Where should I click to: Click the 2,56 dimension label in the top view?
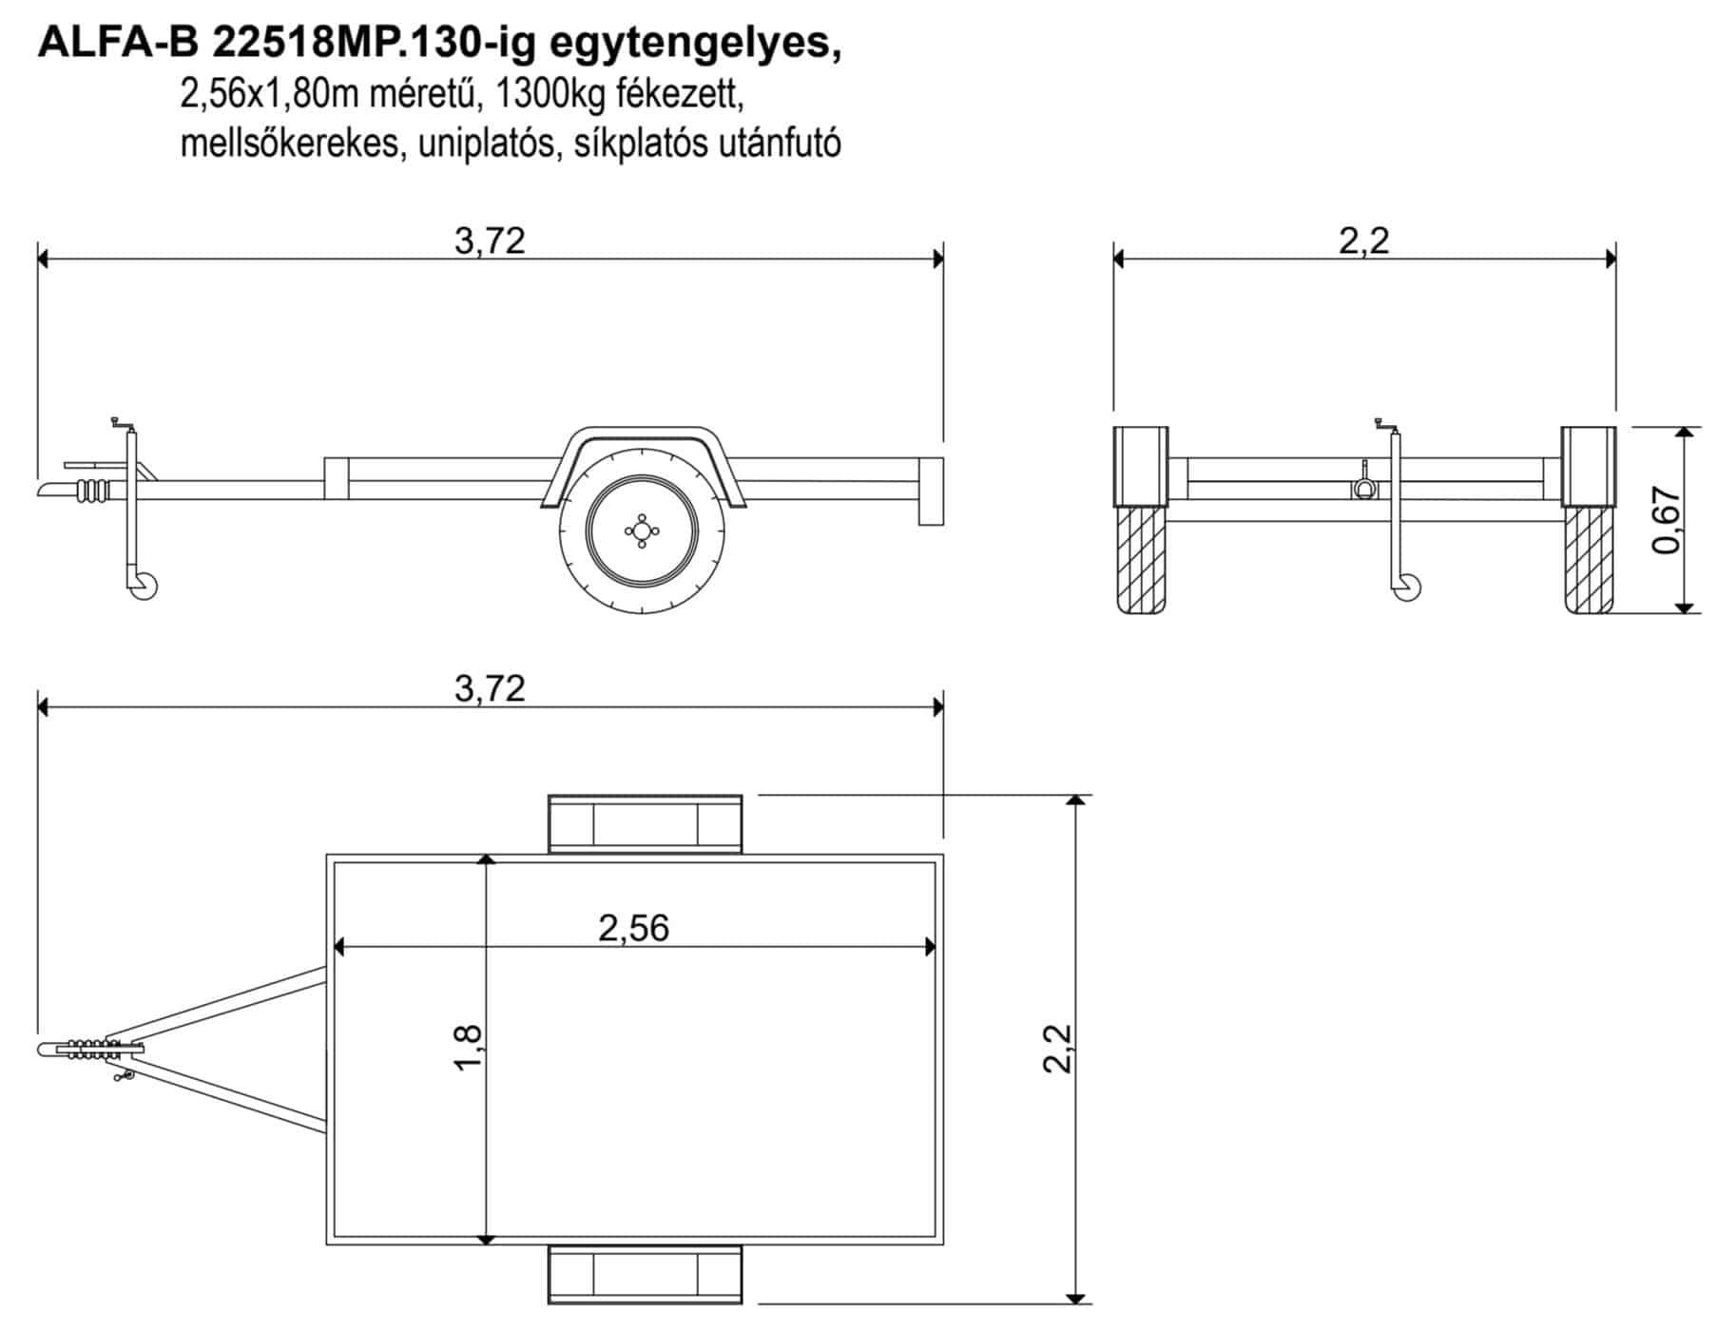[633, 928]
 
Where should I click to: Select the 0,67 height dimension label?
[1668, 520]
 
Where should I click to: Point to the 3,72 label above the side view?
[490, 241]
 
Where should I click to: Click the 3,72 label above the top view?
[490, 688]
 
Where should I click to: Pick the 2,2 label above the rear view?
[1364, 241]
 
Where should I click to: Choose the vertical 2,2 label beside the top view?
[1057, 1049]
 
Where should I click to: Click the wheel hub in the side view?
[642, 531]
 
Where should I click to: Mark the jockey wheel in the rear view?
[1407, 588]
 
